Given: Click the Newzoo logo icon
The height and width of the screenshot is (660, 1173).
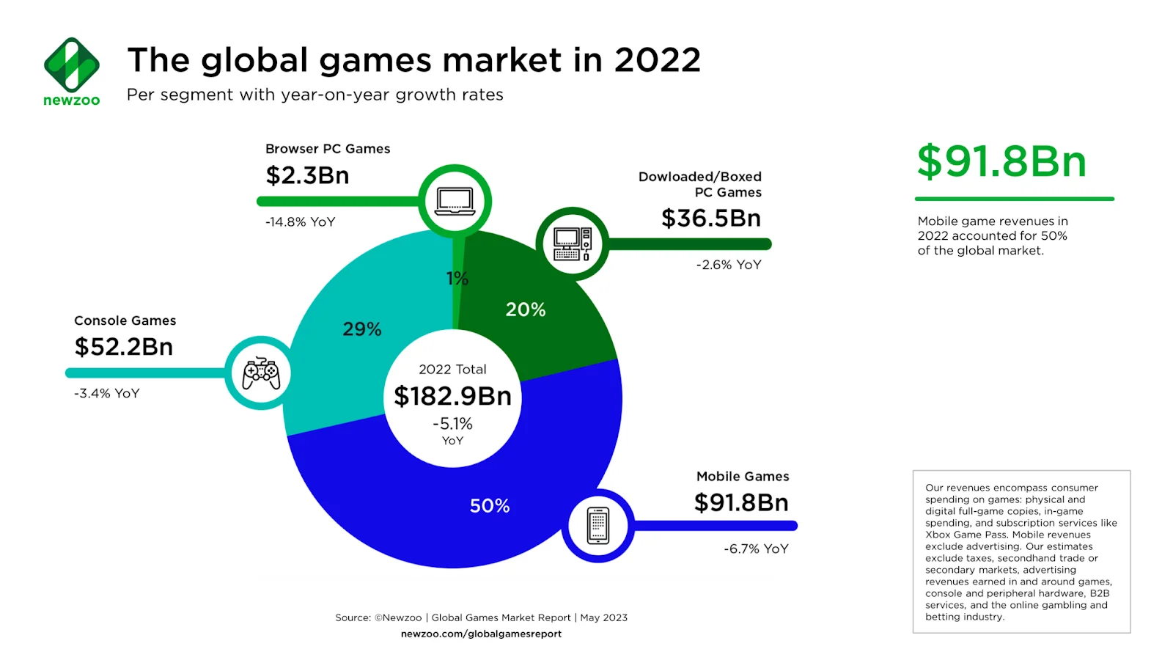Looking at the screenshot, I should (x=71, y=65).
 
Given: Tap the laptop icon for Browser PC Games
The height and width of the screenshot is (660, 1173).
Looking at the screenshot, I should (x=455, y=201).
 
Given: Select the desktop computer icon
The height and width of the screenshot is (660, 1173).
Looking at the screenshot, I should (x=573, y=244).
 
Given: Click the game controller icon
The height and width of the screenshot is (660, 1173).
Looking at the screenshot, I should (x=261, y=373).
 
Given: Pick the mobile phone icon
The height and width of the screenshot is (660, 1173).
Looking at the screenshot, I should (x=598, y=526).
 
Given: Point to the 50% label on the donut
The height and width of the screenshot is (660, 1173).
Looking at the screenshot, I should (x=490, y=506).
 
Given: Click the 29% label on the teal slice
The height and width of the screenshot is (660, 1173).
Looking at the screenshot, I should (x=362, y=329).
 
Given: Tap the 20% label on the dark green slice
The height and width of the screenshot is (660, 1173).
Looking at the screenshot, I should (x=526, y=309).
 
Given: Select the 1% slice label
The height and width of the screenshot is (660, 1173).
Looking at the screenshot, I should (x=457, y=279).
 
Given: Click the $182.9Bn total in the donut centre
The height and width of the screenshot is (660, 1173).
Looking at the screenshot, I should (x=452, y=396).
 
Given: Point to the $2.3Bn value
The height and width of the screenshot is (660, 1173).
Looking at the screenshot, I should (x=307, y=175).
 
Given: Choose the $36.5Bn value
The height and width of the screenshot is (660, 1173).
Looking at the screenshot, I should (x=710, y=218).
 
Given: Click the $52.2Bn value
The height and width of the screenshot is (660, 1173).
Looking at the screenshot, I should (x=124, y=347).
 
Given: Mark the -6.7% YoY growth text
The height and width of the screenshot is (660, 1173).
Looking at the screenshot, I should (x=756, y=549).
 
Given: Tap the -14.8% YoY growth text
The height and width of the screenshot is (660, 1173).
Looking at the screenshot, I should (x=300, y=221).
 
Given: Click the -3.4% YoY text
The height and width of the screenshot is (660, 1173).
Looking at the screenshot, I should (x=106, y=393).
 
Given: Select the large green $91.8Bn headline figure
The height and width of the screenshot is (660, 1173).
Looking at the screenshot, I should (x=1001, y=161).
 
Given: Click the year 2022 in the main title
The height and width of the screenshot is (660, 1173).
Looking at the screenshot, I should (x=657, y=60).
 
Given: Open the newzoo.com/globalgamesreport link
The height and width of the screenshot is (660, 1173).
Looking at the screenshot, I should (x=481, y=634).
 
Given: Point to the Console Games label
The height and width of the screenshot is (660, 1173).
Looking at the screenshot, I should (x=125, y=320).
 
